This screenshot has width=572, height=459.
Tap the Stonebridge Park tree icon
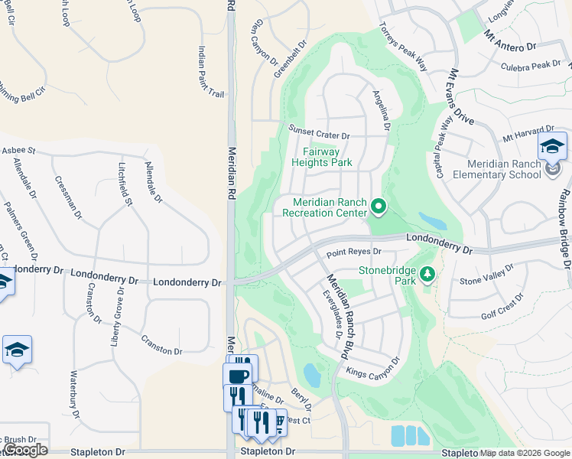pos(427,273)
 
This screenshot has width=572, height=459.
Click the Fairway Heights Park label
pos(322,157)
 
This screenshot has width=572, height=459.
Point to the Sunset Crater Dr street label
pos(319,132)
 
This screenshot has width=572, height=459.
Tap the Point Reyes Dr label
pos(353,252)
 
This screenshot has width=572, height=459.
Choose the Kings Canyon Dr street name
pos(372,369)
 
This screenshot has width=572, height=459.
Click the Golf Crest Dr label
pos(502,306)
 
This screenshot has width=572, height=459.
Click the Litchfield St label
pos(125,184)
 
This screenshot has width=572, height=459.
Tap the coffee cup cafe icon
pos(236,376)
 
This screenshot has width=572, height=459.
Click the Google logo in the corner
pos(24,450)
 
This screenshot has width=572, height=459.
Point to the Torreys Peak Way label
pos(403,46)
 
